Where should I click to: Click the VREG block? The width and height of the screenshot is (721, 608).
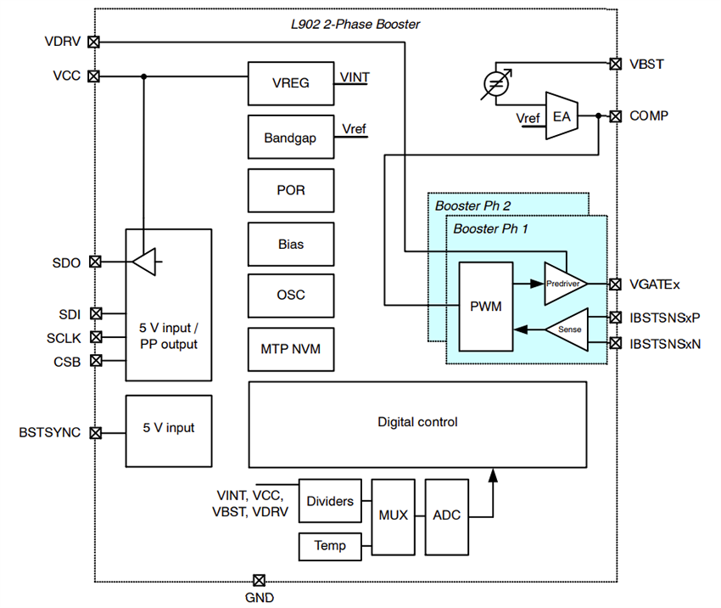(x=291, y=83)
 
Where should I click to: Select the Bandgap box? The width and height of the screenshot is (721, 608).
(x=291, y=137)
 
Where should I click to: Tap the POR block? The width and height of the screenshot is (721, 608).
(x=291, y=190)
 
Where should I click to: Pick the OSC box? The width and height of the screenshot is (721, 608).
(x=291, y=296)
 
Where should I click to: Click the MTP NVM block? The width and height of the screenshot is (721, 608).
(x=291, y=348)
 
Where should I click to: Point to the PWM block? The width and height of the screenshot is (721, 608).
(x=485, y=307)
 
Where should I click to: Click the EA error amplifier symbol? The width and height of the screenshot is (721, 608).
(x=561, y=115)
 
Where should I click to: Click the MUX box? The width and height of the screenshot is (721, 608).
(x=394, y=515)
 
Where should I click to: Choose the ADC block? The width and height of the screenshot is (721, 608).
(x=446, y=515)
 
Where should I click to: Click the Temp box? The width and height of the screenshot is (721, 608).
(x=329, y=546)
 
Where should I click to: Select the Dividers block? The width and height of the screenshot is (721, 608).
(x=329, y=501)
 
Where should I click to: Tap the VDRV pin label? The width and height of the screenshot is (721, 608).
(x=63, y=41)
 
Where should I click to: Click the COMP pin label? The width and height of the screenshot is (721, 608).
(x=648, y=115)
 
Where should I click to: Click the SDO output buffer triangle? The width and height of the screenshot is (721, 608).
(x=145, y=262)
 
